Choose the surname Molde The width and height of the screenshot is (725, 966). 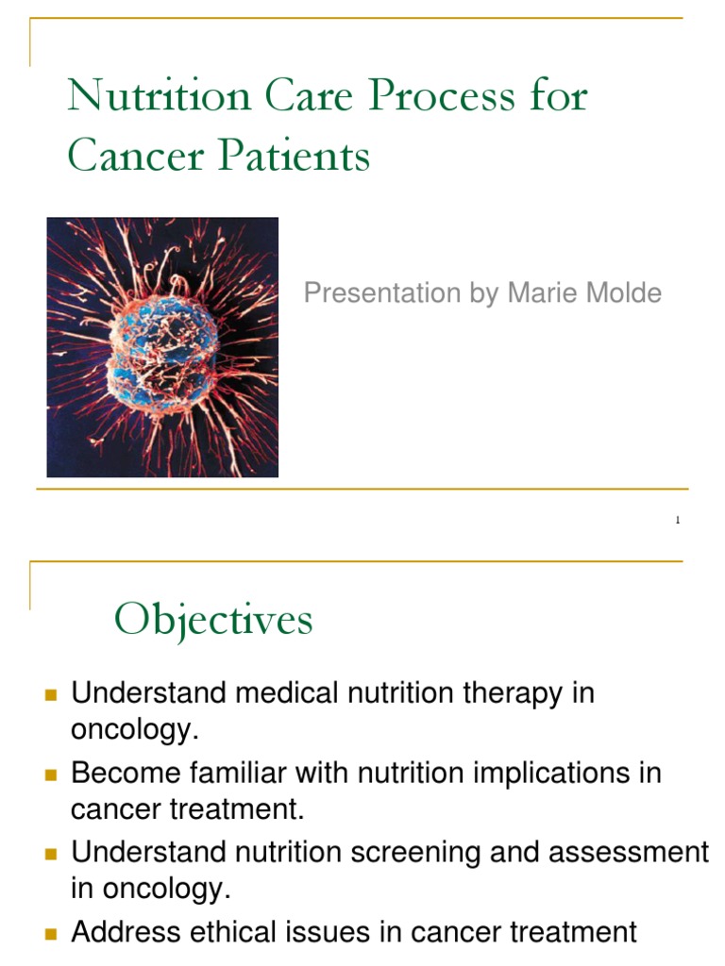click(x=623, y=293)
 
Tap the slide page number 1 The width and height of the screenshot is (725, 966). click(x=678, y=521)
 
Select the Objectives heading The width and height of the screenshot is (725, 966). click(x=213, y=621)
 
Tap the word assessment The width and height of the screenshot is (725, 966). click(x=628, y=854)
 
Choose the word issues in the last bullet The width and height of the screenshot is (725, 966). click(x=321, y=933)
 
